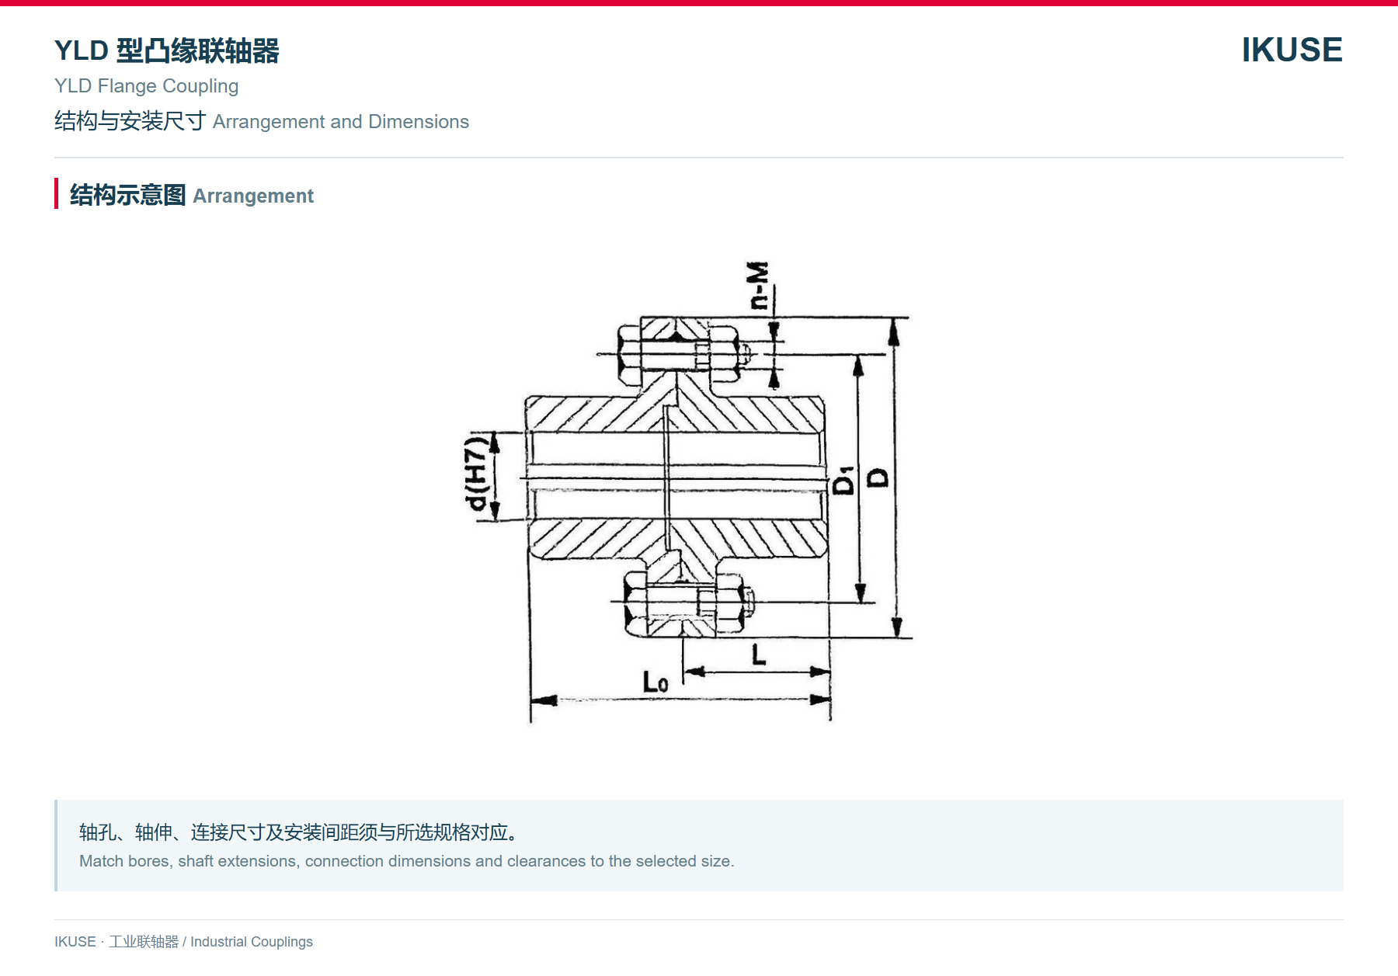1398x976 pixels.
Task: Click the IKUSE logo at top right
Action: (x=1292, y=50)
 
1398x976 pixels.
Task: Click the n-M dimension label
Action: (x=758, y=286)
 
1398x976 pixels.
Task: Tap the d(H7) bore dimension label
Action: (x=476, y=474)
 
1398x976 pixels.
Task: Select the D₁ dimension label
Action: (x=843, y=481)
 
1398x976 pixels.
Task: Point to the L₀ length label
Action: (x=655, y=682)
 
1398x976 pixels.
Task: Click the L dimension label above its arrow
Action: (x=759, y=655)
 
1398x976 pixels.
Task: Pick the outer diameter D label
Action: (x=878, y=478)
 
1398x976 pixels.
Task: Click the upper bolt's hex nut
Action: (x=723, y=354)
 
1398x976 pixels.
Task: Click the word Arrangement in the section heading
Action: (x=253, y=196)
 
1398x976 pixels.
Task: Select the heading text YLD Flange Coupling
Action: (x=146, y=86)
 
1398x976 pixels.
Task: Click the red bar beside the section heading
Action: (x=56, y=193)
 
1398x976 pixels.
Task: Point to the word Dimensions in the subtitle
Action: (x=419, y=122)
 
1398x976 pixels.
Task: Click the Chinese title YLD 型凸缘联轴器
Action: (x=167, y=50)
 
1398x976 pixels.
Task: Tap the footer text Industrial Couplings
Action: (x=252, y=942)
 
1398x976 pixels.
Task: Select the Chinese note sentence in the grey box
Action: (x=299, y=832)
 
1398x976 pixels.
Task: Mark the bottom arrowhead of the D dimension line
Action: (x=897, y=627)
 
